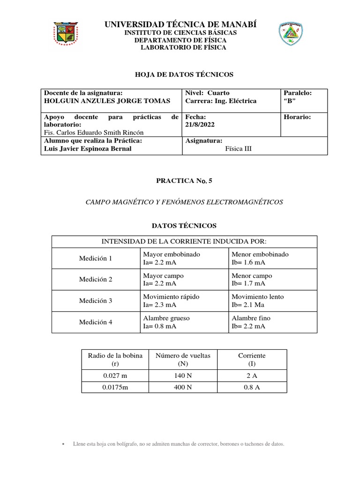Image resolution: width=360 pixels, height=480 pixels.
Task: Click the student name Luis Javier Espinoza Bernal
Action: tap(87, 149)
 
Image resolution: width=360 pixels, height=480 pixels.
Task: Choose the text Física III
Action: tap(239, 149)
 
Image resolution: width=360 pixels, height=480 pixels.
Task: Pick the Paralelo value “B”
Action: tap(290, 101)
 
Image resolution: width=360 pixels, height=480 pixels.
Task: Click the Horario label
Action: tap(297, 117)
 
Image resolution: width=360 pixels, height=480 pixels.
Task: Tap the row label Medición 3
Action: tap(96, 301)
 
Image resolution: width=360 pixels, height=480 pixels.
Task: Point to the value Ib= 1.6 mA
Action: tap(248, 262)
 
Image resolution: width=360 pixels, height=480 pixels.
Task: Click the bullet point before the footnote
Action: tap(63, 444)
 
